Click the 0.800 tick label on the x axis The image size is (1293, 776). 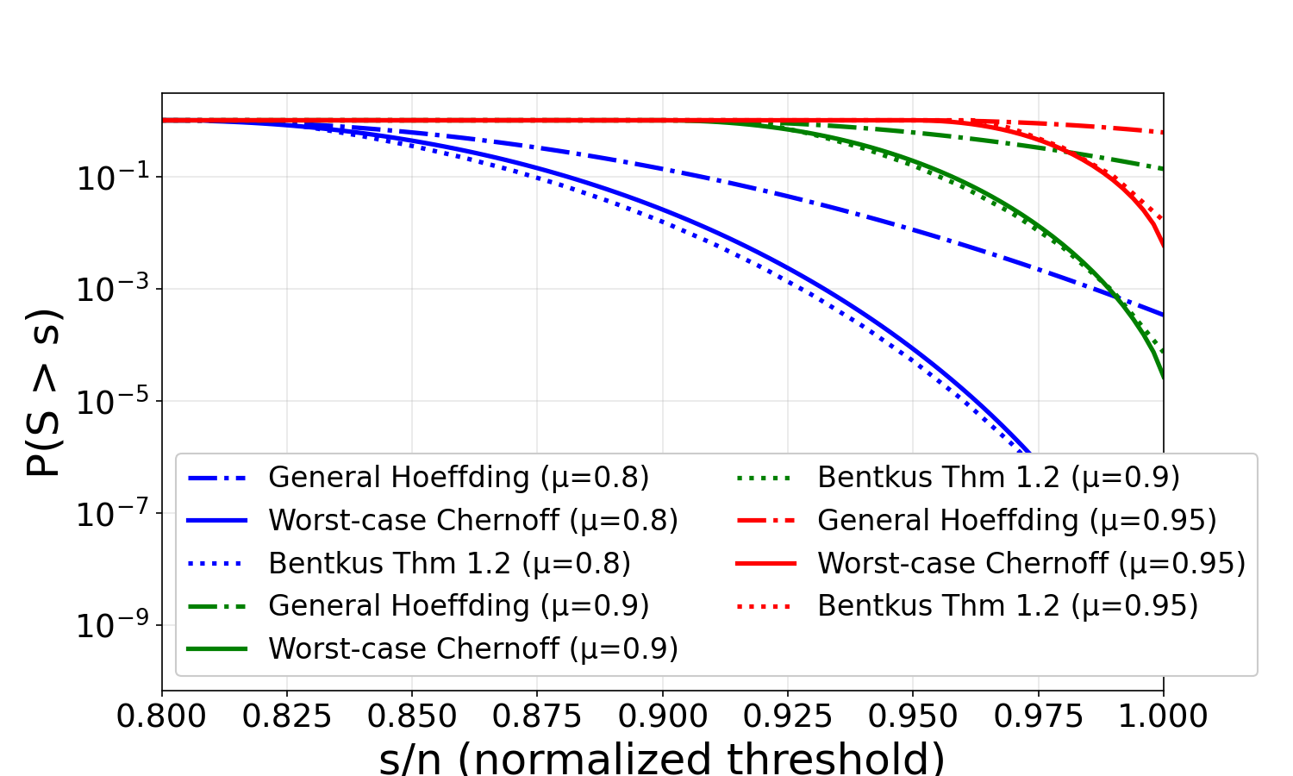point(162,717)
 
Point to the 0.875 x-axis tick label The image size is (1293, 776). point(537,717)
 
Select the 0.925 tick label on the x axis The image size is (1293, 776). point(788,717)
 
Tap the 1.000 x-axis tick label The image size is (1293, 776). point(1163,717)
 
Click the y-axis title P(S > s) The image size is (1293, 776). point(43,392)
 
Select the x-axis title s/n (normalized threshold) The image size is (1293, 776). point(662,758)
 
